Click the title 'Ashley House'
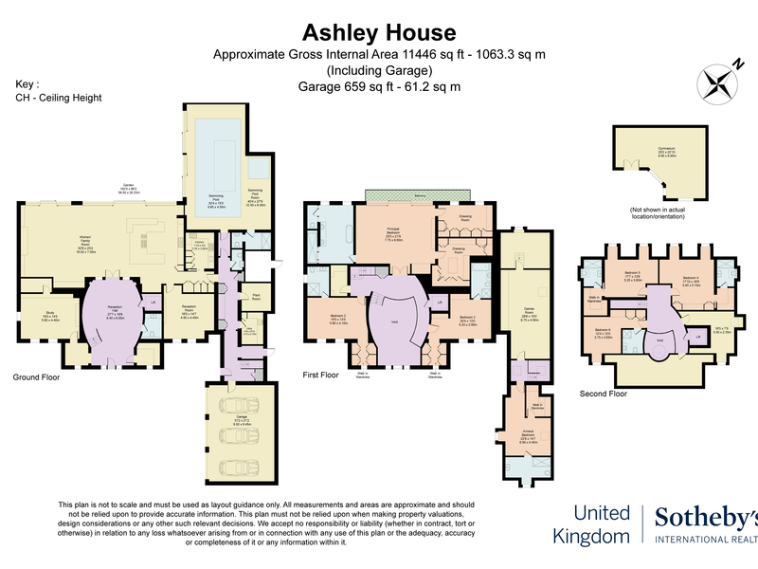click(x=378, y=35)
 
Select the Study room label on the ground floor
click(x=50, y=318)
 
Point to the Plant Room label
click(x=256, y=297)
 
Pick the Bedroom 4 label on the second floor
click(x=696, y=279)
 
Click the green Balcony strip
click(x=417, y=196)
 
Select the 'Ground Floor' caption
click(x=37, y=376)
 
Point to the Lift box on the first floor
click(x=440, y=302)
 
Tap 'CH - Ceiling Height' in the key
click(x=59, y=98)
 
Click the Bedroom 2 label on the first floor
click(x=325, y=318)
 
